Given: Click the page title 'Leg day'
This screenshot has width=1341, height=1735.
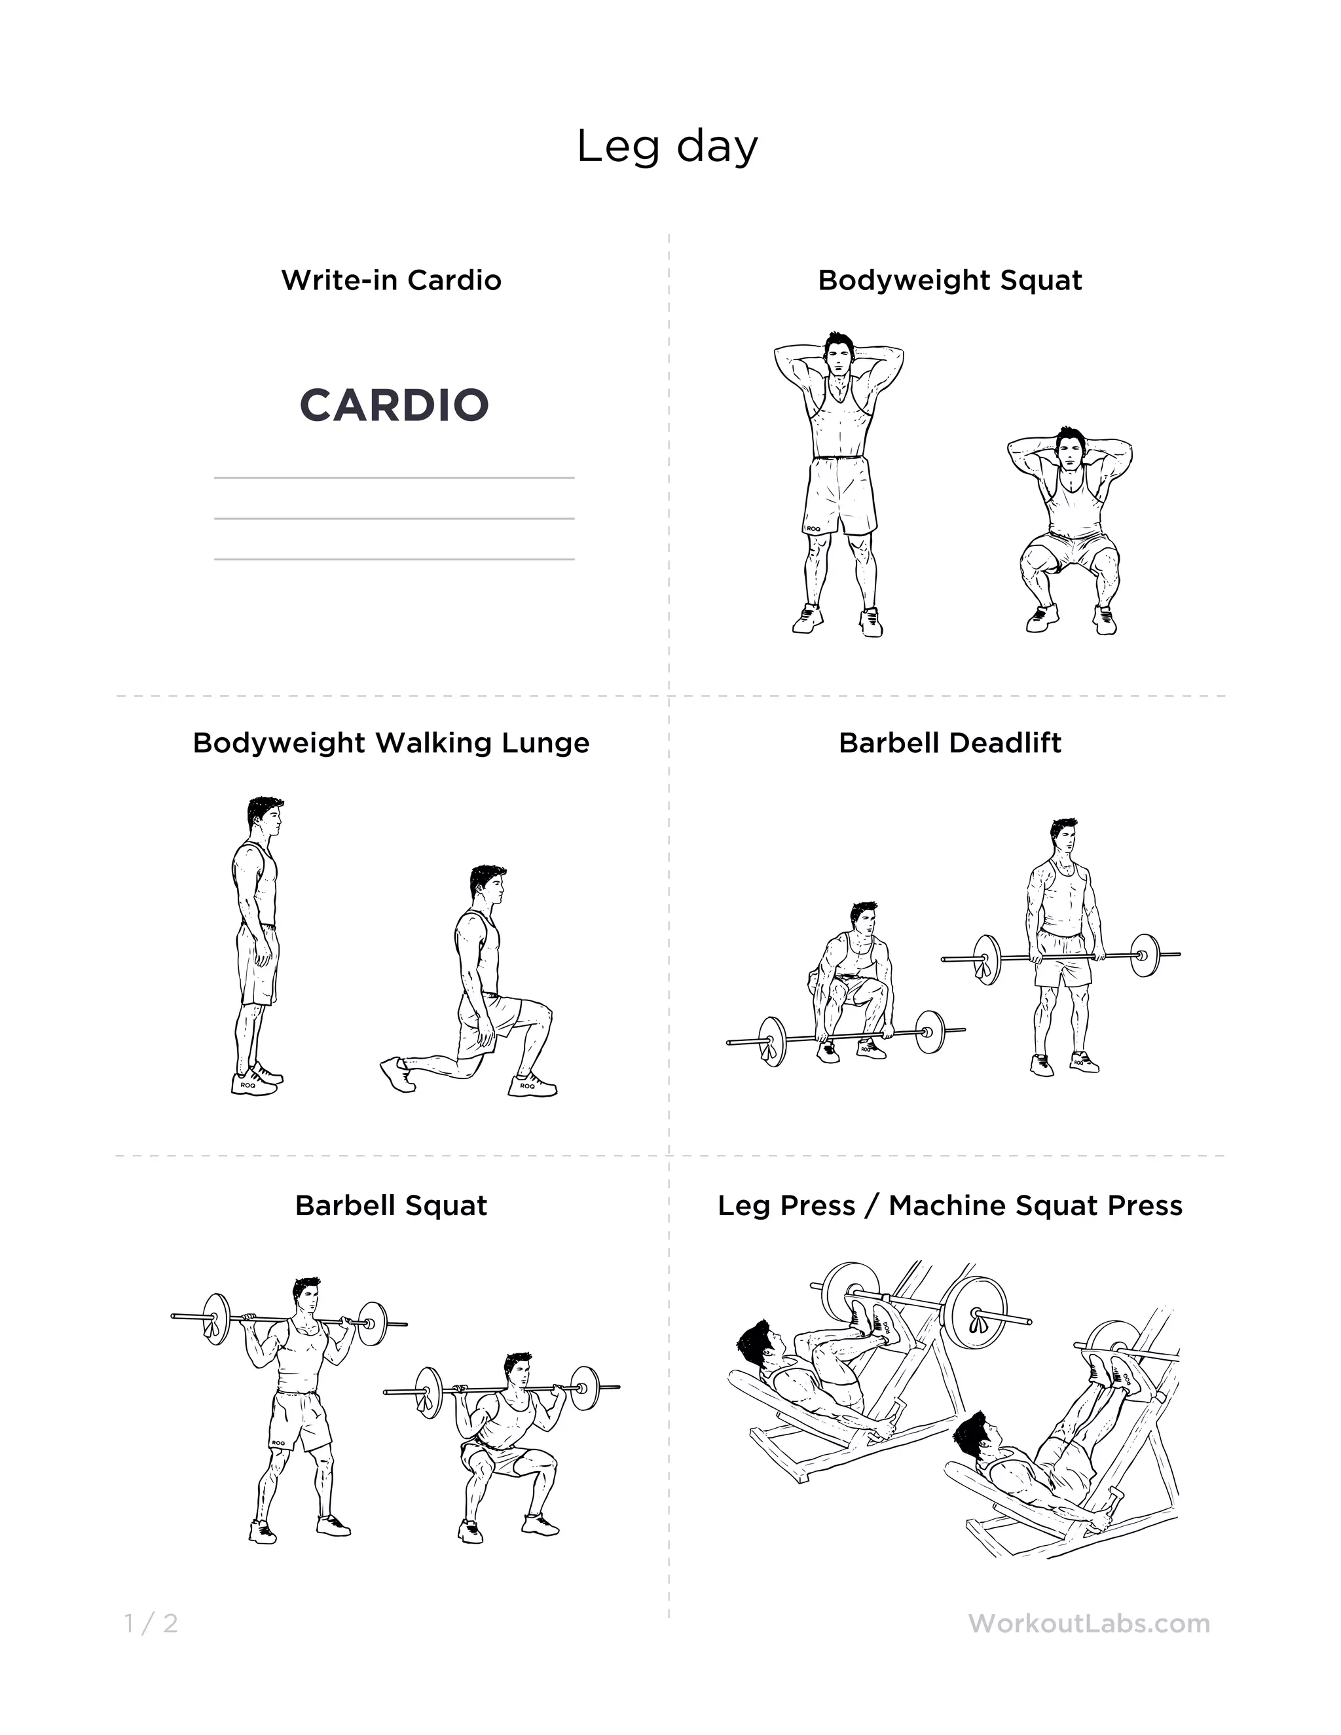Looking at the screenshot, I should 667,147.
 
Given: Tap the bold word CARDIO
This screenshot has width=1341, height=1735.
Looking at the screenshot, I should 394,405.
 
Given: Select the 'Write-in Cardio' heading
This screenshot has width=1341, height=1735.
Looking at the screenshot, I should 391,280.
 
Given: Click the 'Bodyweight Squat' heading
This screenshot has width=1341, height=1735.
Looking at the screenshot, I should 950,280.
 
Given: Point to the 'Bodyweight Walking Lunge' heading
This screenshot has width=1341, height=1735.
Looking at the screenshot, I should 391,743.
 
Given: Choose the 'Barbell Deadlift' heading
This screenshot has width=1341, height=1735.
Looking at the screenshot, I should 950,743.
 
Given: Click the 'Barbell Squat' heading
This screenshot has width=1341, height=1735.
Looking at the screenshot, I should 391,1205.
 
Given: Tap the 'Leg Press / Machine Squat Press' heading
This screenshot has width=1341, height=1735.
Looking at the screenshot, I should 950,1205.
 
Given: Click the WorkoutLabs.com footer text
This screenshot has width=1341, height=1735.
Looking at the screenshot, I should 1089,1623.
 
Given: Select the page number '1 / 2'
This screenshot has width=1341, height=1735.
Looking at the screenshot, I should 151,1623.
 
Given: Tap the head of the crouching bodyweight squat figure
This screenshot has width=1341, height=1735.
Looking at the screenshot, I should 1069,450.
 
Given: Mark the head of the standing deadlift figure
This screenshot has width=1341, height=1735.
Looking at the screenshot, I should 1063,837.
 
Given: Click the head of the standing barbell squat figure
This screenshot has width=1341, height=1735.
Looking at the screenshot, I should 306,1296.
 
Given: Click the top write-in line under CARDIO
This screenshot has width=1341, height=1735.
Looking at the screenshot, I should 394,478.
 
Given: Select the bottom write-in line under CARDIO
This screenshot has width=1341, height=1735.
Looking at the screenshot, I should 394,559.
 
